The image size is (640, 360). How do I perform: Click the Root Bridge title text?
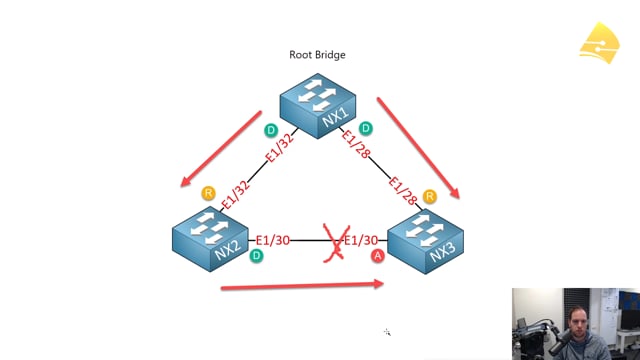(317, 55)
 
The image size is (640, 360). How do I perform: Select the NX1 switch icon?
(318, 106)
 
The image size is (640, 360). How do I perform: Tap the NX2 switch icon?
(210, 239)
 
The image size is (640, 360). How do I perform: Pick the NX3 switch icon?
(425, 241)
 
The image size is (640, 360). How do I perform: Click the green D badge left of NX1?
(271, 130)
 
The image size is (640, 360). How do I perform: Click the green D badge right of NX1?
(366, 129)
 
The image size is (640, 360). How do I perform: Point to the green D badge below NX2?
(256, 256)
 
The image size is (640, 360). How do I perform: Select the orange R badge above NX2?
(209, 193)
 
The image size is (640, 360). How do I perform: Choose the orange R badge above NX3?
(429, 196)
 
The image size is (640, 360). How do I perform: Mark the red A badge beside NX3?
(378, 256)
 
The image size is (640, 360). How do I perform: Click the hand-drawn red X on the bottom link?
(337, 242)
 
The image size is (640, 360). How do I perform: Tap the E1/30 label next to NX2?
(273, 240)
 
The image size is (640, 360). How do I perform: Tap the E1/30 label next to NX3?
(361, 240)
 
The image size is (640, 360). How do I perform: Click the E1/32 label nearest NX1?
(280, 147)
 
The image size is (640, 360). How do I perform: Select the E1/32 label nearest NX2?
(236, 194)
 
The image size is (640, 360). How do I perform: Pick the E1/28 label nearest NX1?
(356, 144)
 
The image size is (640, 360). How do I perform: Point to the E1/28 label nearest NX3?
(402, 190)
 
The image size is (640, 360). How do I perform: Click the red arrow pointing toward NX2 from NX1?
(221, 149)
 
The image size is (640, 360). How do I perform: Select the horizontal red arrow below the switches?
(302, 285)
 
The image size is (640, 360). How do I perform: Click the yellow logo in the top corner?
(599, 43)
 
